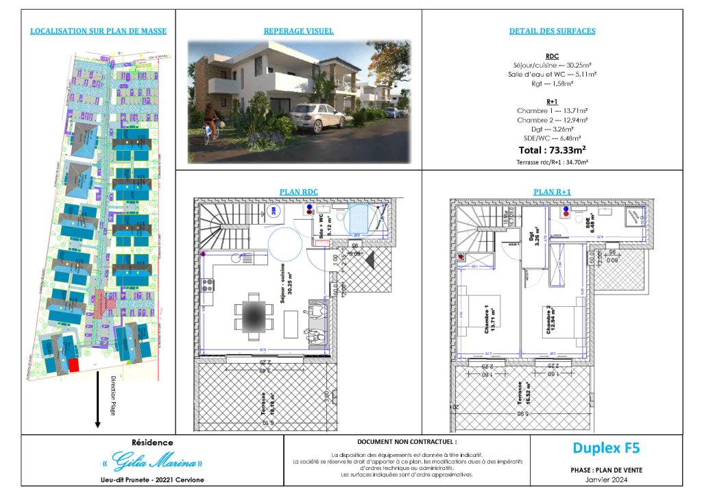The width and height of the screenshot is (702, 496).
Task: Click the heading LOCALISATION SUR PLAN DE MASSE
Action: [99, 32]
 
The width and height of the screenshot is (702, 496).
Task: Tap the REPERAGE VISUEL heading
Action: [298, 32]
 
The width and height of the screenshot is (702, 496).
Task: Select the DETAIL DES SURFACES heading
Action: [552, 32]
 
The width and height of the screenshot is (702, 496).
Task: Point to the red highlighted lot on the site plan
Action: [73, 365]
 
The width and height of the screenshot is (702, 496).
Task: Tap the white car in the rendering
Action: [317, 117]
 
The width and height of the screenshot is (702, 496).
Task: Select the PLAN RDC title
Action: [298, 192]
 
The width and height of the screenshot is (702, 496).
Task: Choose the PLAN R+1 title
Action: [552, 192]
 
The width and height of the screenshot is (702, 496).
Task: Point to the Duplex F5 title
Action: [606, 449]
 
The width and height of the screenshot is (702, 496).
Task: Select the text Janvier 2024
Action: [606, 478]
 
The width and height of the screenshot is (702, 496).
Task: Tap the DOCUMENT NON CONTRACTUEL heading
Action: [407, 443]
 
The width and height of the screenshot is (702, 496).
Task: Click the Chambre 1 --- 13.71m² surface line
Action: [552, 110]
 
